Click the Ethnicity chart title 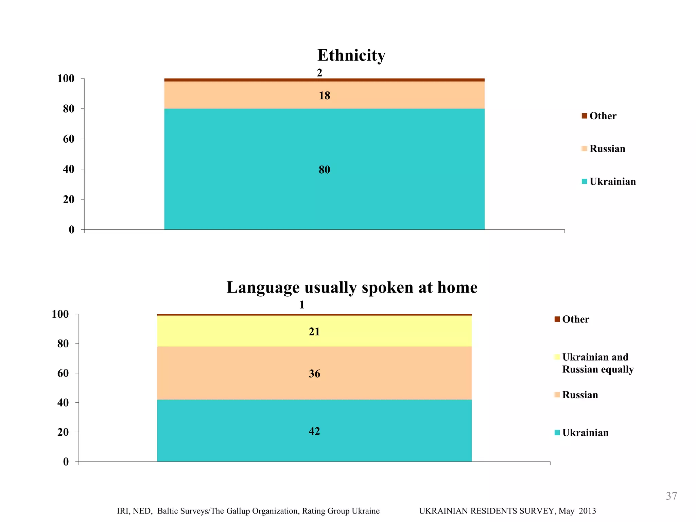(351, 55)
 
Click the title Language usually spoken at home (352, 288)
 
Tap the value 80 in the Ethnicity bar (324, 170)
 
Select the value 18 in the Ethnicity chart (324, 95)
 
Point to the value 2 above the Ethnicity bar (319, 73)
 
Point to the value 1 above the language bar (302, 305)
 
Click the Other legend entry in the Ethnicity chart (603, 116)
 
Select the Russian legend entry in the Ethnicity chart (607, 149)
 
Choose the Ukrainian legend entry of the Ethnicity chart (612, 181)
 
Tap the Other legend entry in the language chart (575, 319)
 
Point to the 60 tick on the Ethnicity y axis (69, 139)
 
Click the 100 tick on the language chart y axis (60, 314)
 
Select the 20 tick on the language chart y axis (63, 432)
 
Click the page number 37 (671, 496)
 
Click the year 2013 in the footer (587, 511)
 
